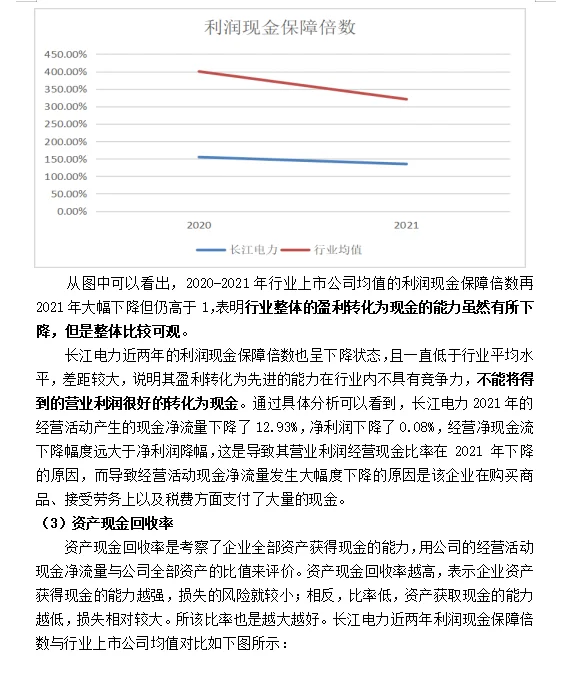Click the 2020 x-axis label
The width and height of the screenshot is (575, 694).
(x=198, y=227)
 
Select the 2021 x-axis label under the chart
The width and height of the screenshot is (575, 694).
(x=406, y=227)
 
